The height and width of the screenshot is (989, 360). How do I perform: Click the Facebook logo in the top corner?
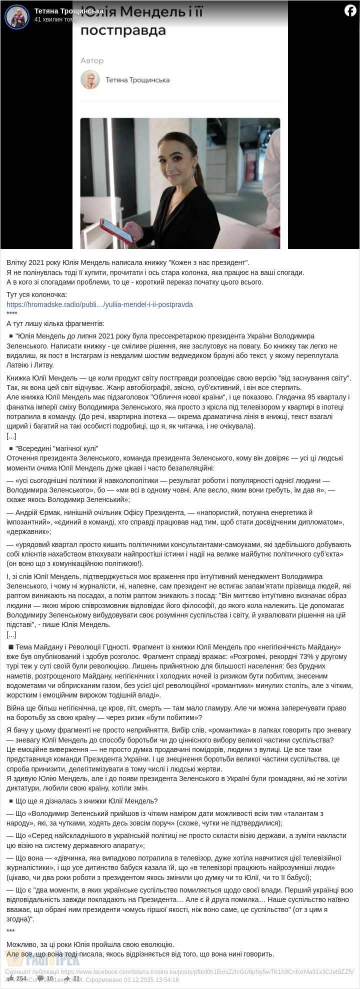350,10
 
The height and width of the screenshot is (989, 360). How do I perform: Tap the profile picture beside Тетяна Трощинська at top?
17,16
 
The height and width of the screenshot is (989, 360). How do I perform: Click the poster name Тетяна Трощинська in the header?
69,11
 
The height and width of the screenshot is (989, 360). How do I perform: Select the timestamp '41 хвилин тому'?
56,19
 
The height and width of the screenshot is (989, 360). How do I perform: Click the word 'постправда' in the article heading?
123,31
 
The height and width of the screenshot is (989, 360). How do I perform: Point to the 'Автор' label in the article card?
92,60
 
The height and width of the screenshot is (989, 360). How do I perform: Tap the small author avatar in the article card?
90,79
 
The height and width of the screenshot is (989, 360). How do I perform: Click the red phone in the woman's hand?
116,230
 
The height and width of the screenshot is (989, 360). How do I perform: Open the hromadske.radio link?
99,304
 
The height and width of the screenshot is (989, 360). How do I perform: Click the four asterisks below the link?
12,314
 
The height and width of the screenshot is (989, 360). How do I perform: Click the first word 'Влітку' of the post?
17,262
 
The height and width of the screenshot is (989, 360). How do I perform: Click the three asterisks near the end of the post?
10,930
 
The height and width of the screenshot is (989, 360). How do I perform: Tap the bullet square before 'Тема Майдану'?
10,647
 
